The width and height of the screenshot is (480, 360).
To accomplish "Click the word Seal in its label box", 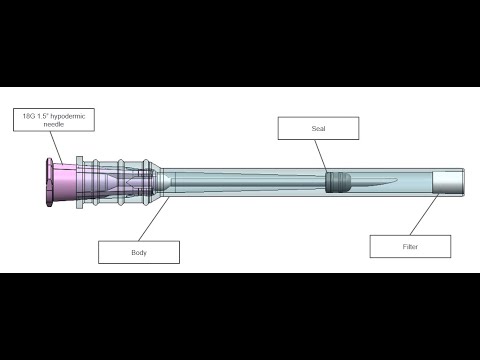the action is click(x=318, y=128).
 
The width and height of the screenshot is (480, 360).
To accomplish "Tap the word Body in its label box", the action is click(x=139, y=253).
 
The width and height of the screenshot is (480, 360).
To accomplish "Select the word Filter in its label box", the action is click(x=410, y=247).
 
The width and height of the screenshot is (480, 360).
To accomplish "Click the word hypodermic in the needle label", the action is click(x=68, y=116).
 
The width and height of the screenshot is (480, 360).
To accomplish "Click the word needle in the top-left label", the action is click(x=54, y=124).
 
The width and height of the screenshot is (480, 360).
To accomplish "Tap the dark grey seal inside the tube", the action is click(x=338, y=182).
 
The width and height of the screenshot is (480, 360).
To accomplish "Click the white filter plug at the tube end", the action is click(x=448, y=182).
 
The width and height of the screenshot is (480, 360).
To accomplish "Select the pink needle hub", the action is click(x=61, y=183).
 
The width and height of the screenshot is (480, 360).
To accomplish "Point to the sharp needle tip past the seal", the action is click(x=397, y=180).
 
